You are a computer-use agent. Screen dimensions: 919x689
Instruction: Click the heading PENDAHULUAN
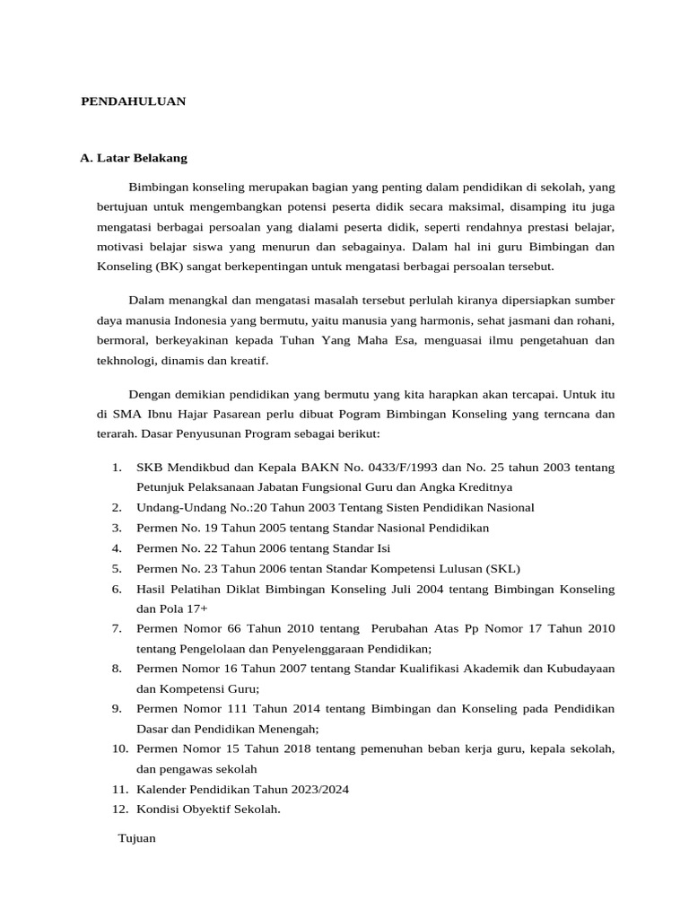point(134,101)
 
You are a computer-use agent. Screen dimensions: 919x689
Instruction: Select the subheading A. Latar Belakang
point(134,158)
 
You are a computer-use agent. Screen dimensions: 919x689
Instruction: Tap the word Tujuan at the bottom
point(137,838)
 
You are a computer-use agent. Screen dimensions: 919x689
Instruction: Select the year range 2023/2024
point(317,789)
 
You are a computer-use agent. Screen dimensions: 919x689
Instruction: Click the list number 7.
point(117,628)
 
